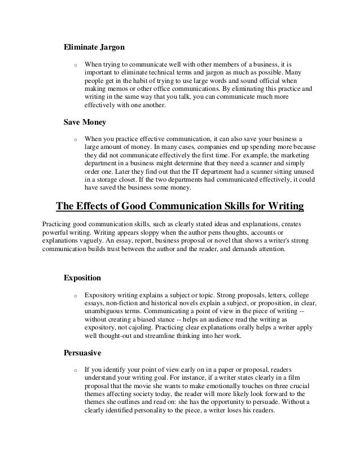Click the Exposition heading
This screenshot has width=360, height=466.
click(x=82, y=278)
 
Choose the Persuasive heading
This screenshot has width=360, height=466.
click(x=82, y=354)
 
